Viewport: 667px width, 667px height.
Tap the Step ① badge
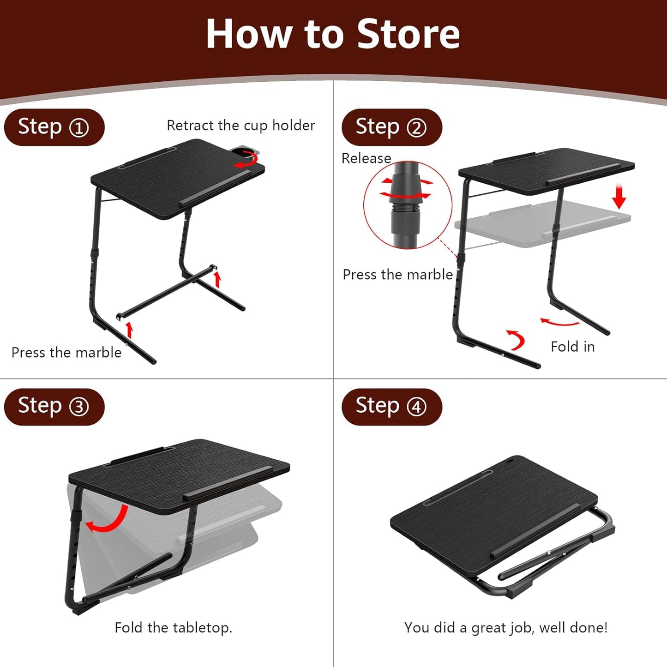54,127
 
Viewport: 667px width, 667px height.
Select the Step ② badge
391,127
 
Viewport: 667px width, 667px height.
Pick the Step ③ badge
54,406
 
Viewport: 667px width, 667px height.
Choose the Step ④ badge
391,406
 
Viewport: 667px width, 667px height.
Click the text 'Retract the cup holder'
240,126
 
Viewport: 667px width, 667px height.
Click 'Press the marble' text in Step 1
66,353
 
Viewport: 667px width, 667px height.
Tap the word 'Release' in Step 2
366,158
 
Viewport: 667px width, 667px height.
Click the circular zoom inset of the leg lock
407,204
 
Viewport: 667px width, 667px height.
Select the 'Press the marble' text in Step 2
397,275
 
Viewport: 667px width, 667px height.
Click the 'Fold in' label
572,347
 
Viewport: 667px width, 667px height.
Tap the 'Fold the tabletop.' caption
173,628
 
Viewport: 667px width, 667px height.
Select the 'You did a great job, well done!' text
505,628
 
